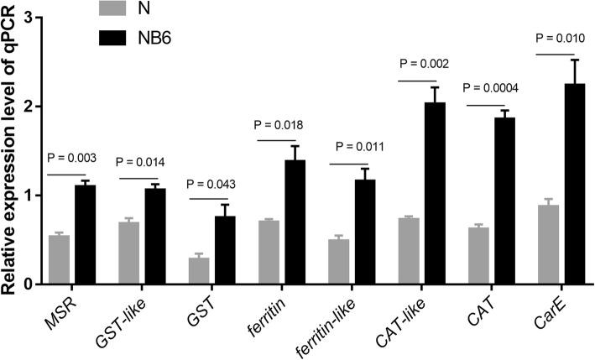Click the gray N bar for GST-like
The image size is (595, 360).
[x=128, y=253]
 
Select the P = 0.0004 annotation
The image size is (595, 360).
[x=495, y=88]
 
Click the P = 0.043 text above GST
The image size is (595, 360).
[x=216, y=184]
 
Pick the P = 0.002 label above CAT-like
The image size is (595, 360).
[x=425, y=65]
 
